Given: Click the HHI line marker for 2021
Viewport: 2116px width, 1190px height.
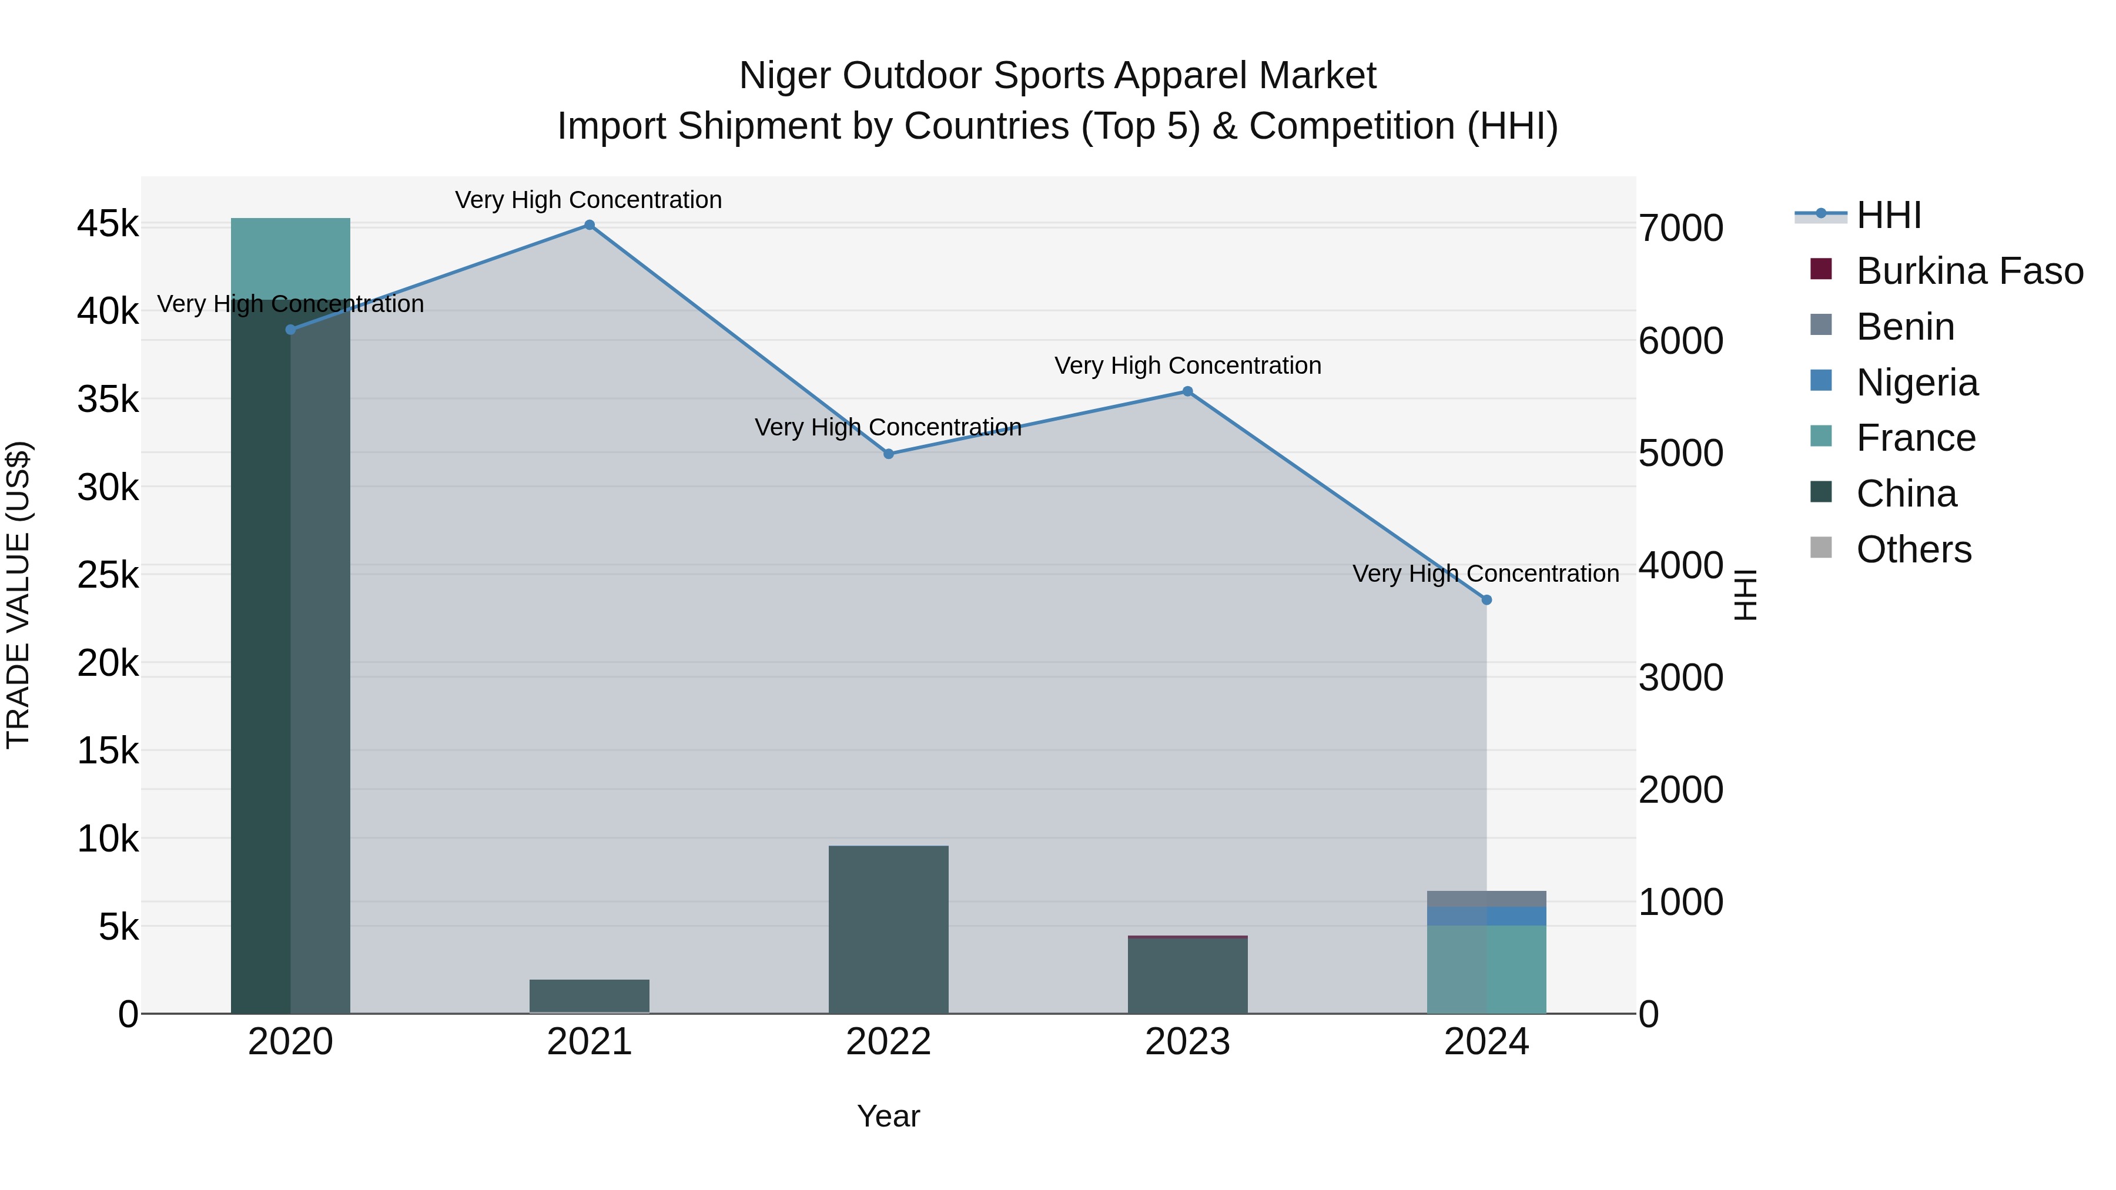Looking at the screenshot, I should [x=589, y=225].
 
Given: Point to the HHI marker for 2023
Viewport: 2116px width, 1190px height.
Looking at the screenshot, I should [x=1187, y=392].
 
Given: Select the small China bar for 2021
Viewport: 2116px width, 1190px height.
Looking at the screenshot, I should [x=589, y=996].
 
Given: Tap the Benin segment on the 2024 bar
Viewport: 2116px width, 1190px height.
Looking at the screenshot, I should [x=1486, y=899].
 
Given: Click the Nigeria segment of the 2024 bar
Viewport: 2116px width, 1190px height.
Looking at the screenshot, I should [x=1486, y=916].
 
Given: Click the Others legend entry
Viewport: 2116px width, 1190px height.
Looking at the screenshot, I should [x=1913, y=549].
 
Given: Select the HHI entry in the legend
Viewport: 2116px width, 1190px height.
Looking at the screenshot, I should [x=1887, y=215].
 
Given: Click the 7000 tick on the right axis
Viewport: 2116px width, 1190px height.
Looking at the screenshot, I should [x=1680, y=229].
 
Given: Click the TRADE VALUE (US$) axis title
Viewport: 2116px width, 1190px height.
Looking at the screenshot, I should [x=18, y=595].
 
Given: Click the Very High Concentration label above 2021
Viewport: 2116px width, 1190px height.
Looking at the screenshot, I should [x=588, y=200].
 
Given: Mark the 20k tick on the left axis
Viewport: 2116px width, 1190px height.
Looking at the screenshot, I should [x=108, y=663].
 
